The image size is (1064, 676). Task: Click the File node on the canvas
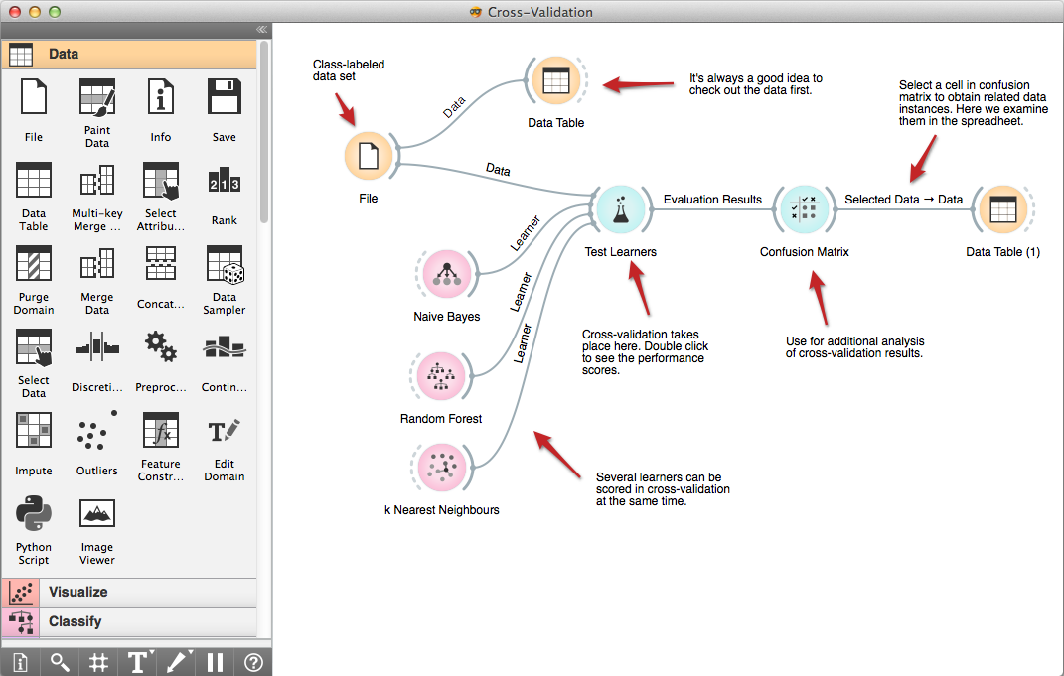(x=369, y=157)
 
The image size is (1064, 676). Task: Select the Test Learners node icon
(x=620, y=209)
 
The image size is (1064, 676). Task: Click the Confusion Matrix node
(x=804, y=209)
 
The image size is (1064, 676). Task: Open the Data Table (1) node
(x=1002, y=209)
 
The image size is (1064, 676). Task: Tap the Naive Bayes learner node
(x=446, y=275)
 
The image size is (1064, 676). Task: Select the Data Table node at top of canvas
(x=555, y=79)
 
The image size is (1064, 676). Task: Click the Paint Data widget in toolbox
(x=97, y=99)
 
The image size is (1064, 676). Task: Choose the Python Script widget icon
(x=34, y=514)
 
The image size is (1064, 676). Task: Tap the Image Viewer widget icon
(x=97, y=514)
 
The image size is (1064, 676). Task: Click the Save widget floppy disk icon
(x=225, y=99)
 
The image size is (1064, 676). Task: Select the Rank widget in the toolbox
(x=225, y=184)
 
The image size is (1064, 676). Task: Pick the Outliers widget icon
(x=97, y=433)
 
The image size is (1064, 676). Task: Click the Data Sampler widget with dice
(x=225, y=266)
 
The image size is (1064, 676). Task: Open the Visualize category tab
(x=129, y=592)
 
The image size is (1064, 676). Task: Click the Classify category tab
(x=129, y=621)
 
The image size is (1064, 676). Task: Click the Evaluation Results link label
(x=712, y=200)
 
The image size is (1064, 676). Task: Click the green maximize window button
(x=54, y=12)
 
